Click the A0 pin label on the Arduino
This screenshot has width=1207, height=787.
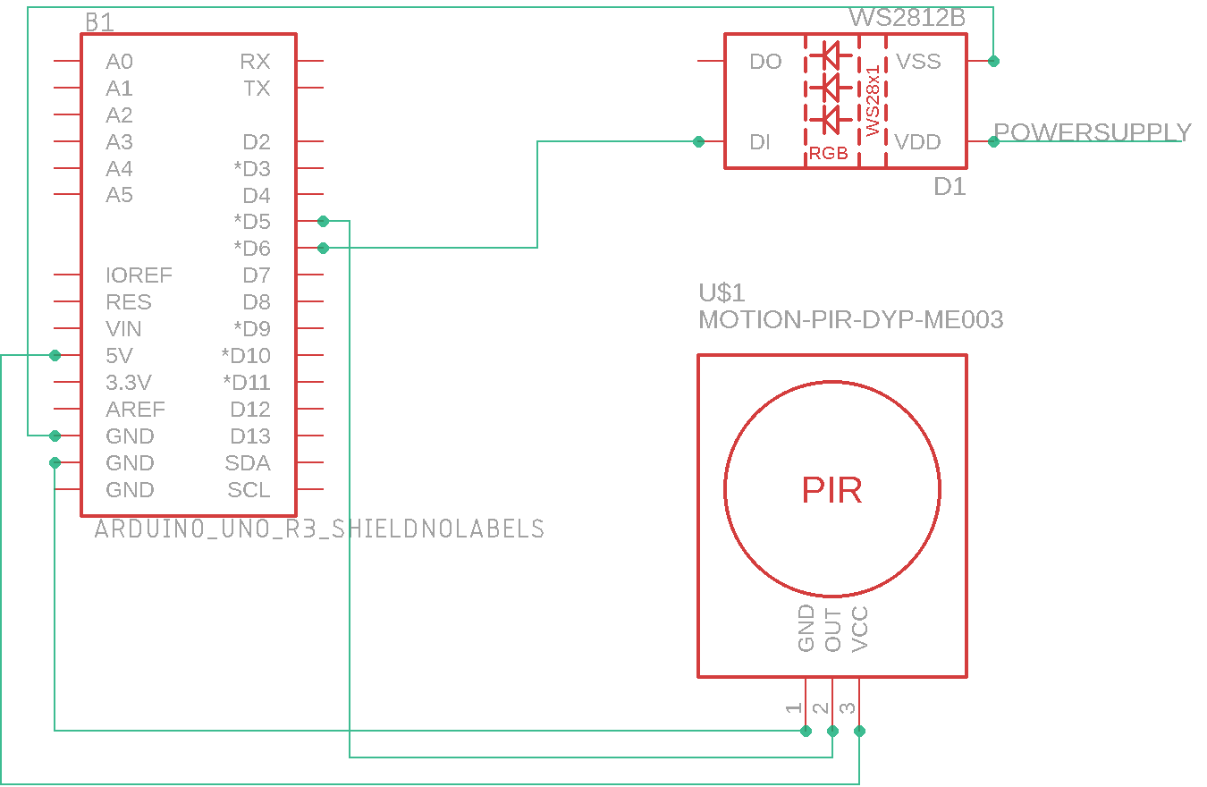[x=119, y=62]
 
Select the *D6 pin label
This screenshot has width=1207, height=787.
[x=251, y=249]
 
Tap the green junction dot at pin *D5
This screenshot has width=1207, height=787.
[x=323, y=221]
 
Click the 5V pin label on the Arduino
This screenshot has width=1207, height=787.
[x=119, y=356]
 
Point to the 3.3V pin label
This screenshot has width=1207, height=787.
[x=129, y=383]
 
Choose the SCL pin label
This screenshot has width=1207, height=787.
[x=249, y=490]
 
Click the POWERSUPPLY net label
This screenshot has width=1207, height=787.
[x=1093, y=132]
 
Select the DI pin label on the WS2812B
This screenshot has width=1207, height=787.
[x=760, y=142]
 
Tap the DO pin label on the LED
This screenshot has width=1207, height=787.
[x=765, y=62]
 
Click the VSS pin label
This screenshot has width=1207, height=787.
[x=918, y=62]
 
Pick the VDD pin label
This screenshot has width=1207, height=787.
[x=918, y=142]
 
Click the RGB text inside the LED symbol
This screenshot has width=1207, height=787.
[x=829, y=154]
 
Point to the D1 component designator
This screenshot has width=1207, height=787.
[x=950, y=187]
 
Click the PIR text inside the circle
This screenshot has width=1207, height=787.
[x=831, y=490]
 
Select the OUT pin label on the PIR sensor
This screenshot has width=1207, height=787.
[x=833, y=630]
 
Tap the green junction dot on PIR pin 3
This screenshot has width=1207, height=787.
[x=859, y=731]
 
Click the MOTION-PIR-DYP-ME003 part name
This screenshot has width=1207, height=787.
[x=850, y=319]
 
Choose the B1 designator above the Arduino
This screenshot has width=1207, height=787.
[x=99, y=22]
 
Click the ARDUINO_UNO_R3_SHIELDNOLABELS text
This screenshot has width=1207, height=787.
[x=319, y=529]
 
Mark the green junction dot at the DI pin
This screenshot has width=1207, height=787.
[x=698, y=141]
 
